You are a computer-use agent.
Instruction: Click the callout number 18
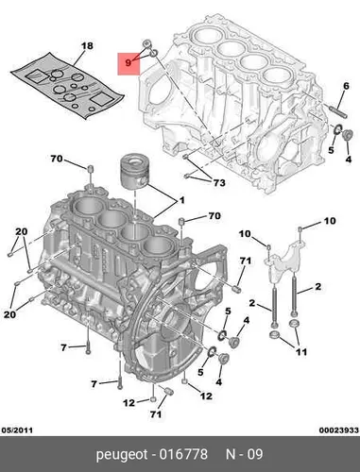point(87,46)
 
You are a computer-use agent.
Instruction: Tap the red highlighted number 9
point(129,63)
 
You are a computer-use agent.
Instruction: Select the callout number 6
point(346,86)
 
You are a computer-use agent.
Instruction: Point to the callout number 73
point(219,182)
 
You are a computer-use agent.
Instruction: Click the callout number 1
point(181,200)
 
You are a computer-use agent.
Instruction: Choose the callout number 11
point(301,351)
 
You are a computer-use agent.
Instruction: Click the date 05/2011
point(17,430)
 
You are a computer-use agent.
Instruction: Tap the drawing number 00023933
point(338,430)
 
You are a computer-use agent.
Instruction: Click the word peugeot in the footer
point(122,455)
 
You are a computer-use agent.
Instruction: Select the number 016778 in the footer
point(183,454)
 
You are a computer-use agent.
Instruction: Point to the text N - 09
point(245,454)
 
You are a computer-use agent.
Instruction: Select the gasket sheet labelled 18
point(67,85)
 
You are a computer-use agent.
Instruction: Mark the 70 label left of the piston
point(57,159)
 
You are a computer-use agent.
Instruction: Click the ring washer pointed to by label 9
point(153,54)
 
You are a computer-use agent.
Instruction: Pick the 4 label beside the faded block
point(349,160)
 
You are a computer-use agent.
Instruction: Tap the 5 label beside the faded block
point(331,150)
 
